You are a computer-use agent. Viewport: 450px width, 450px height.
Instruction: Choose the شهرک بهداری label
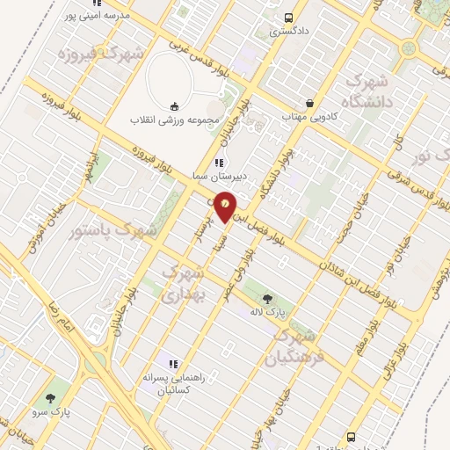pyautogui.click(x=183, y=284)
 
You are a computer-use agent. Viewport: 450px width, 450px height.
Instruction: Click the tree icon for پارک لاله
pyautogui.click(x=266, y=299)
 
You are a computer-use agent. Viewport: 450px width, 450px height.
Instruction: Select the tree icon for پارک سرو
pyautogui.click(x=60, y=396)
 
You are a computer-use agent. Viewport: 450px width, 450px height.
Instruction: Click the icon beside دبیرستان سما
pyautogui.click(x=219, y=162)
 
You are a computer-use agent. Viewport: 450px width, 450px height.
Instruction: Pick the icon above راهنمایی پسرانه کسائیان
pyautogui.click(x=173, y=363)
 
